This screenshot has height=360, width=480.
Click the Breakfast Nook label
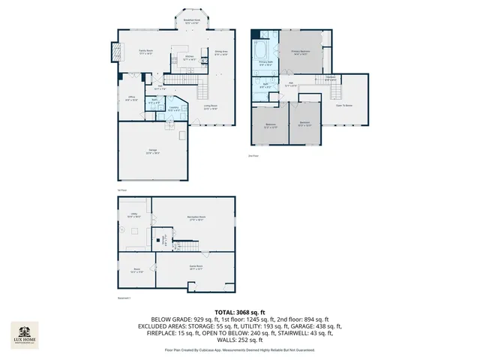click(x=191, y=21)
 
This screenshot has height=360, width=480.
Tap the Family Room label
click(x=145, y=52)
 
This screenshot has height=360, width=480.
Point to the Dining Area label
click(x=222, y=53)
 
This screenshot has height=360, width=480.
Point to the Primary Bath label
click(x=265, y=64)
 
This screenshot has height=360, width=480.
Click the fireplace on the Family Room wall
click(x=115, y=52)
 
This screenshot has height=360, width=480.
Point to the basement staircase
click(x=193, y=248)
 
